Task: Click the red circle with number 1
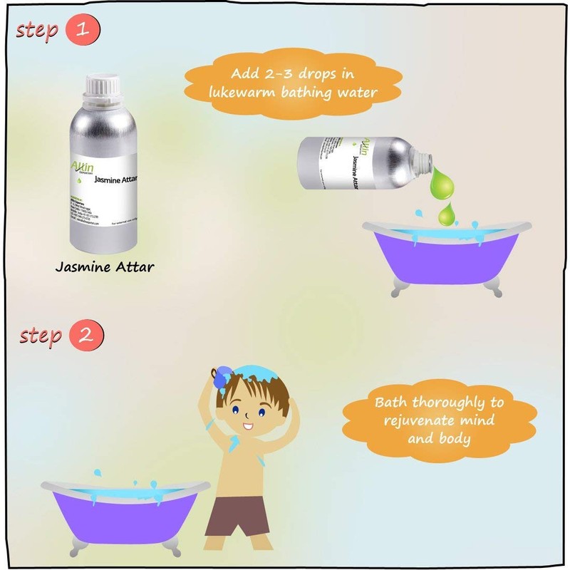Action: (x=83, y=31)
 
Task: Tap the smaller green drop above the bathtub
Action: (x=447, y=212)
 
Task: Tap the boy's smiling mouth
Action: (x=248, y=427)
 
